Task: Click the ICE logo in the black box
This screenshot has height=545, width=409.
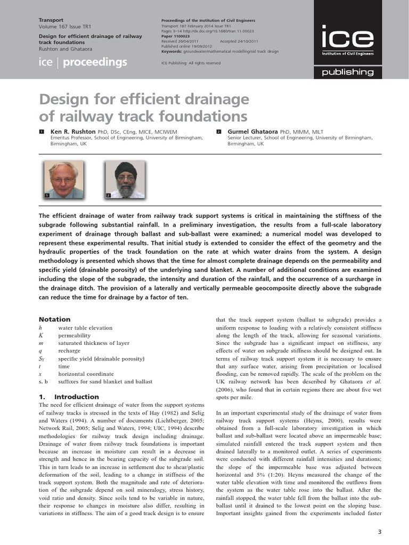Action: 347,38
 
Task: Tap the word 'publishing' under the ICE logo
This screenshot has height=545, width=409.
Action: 347,72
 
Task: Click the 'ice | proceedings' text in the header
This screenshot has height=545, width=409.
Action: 83,62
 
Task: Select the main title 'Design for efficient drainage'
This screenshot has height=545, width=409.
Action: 144,100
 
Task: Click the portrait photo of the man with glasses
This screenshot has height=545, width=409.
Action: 63,180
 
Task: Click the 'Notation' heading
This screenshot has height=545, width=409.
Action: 54,319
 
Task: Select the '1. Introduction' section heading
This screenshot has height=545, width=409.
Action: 69,397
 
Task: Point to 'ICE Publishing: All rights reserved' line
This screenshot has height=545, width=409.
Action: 190,63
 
